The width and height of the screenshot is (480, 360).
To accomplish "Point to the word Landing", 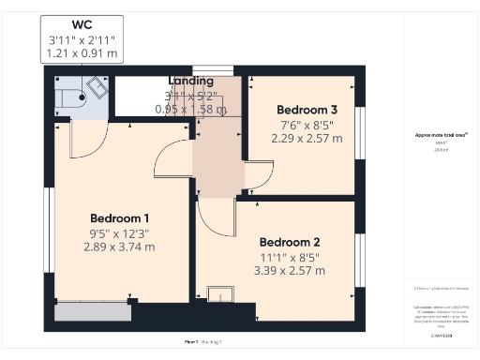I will (190, 82).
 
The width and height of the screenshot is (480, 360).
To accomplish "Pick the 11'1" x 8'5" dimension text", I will (291, 255).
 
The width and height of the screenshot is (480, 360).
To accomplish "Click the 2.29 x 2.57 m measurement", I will (307, 138).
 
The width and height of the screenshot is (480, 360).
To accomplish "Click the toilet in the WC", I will (68, 95).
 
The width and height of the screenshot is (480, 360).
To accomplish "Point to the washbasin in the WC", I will (97, 88).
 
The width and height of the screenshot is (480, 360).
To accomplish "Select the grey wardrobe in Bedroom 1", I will (90, 310).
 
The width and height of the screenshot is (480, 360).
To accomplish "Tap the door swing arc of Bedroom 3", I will (260, 173).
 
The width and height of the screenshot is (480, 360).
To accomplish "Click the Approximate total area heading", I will (434, 135).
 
